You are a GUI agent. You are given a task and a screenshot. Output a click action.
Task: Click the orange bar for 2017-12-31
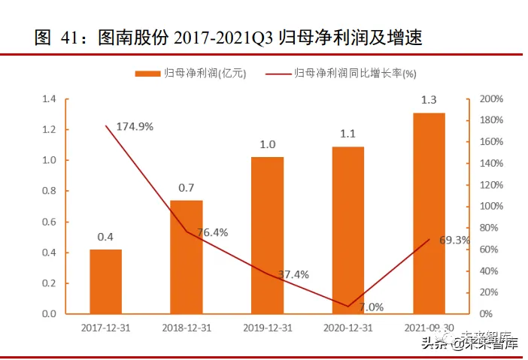click(105, 281)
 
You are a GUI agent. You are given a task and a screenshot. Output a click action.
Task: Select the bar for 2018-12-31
click(187, 256)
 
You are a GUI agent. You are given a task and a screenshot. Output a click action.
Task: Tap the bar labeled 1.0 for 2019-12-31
click(268, 234)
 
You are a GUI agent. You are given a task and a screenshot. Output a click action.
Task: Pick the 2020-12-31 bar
click(348, 229)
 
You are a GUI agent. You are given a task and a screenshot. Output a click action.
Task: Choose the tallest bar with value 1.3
click(429, 213)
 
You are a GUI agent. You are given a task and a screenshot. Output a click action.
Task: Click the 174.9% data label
click(136, 126)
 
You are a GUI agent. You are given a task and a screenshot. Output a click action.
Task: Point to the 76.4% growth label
click(212, 232)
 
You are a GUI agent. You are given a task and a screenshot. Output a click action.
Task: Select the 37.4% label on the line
click(293, 274)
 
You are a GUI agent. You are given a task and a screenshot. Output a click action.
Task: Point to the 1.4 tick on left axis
click(50, 99)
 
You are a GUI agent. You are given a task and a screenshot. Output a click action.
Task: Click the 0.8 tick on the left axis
click(50, 191)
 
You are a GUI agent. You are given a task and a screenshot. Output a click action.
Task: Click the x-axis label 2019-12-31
click(268, 328)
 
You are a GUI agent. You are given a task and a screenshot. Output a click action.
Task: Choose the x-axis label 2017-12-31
click(106, 328)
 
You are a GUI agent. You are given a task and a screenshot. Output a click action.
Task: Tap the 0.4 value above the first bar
click(105, 237)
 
